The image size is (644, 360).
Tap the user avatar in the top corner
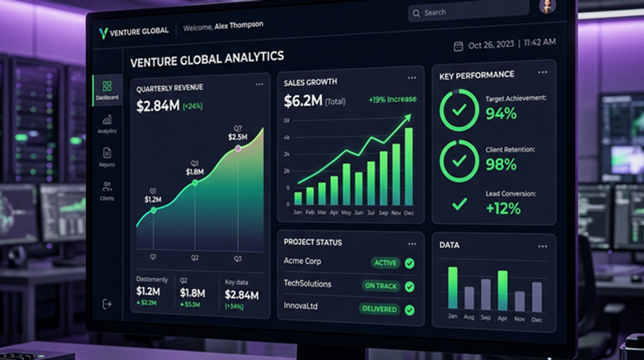[547, 6]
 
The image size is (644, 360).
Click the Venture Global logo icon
[102, 32]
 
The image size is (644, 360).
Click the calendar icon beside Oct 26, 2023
[459, 46]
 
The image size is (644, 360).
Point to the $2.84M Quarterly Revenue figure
[158, 106]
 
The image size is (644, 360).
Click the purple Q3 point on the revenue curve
[238, 149]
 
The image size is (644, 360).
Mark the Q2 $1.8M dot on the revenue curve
[195, 183]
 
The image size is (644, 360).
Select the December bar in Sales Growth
[408, 166]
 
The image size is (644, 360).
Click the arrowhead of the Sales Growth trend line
[408, 118]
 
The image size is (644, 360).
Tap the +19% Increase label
[392, 100]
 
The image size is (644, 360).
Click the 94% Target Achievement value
[501, 114]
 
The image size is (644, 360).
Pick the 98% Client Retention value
[501, 164]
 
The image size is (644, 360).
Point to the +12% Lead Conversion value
[503, 208]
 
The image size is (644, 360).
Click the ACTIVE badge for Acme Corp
[386, 263]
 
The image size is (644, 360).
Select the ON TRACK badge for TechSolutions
[381, 286]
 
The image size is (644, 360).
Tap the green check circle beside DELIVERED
[410, 309]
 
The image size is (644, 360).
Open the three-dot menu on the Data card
[543, 246]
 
